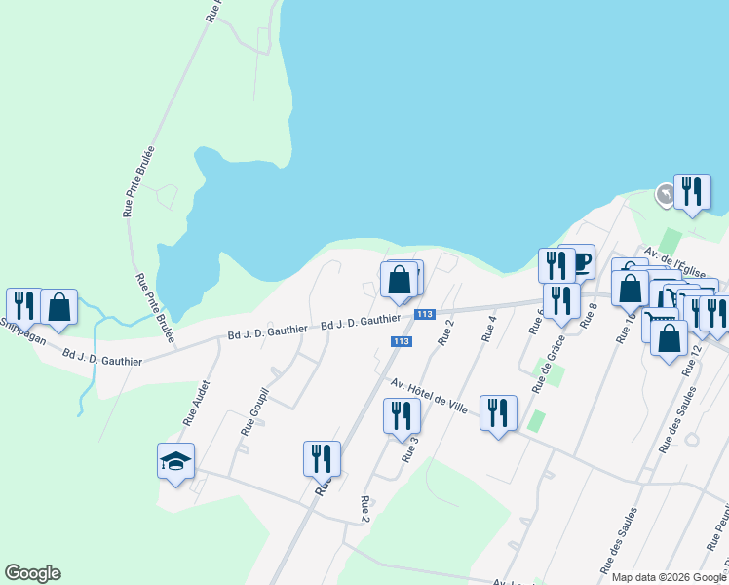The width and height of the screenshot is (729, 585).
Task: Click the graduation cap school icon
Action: tap(176, 461)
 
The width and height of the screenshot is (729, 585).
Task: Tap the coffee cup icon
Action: tap(582, 261)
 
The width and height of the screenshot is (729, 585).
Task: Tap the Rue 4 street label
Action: tap(488, 328)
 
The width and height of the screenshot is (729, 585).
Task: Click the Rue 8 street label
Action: tap(588, 316)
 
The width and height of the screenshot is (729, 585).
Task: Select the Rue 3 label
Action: tap(409, 448)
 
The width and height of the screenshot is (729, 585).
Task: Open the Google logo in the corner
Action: tap(32, 573)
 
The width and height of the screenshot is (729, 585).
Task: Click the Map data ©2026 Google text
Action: tap(669, 577)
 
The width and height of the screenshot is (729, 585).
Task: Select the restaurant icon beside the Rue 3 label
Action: tap(401, 414)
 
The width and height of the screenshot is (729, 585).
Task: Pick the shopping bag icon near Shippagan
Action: tap(58, 306)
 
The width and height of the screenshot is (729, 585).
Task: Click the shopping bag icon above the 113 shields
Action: tap(399, 280)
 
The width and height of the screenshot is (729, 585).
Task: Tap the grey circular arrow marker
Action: tap(665, 196)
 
